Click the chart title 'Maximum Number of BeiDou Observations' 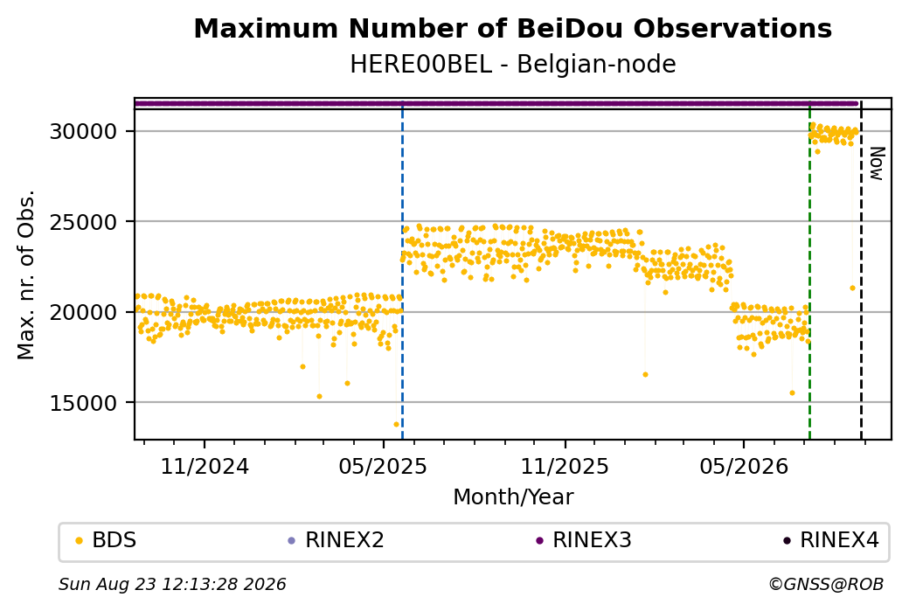pos(512,29)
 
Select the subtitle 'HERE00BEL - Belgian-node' pos(512,65)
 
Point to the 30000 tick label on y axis pos(84,132)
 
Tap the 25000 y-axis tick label pos(84,222)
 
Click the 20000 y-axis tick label pos(84,312)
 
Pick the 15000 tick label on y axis pos(84,403)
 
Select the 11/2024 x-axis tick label pos(205,466)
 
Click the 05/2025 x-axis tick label pos(383,466)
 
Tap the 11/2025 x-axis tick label pos(565,466)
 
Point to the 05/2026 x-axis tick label pos(744,466)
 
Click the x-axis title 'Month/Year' pos(513,496)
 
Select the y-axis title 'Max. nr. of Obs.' pos(26,274)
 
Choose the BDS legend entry pos(107,540)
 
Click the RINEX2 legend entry pos(337,540)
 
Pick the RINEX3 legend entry pos(584,540)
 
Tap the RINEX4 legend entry pos(831,540)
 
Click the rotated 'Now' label pos(878,163)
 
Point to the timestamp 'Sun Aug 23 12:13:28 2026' pos(173,584)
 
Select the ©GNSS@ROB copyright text pos(826,584)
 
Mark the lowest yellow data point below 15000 pos(397,424)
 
